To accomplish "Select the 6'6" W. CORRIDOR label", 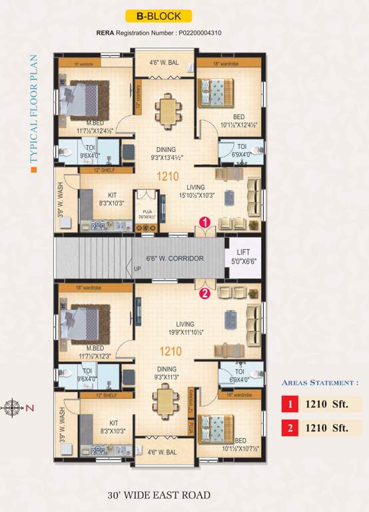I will [175, 259].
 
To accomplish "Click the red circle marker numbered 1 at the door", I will [206, 221].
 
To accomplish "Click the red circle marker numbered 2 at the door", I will [205, 292].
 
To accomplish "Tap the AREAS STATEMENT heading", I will [320, 383].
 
